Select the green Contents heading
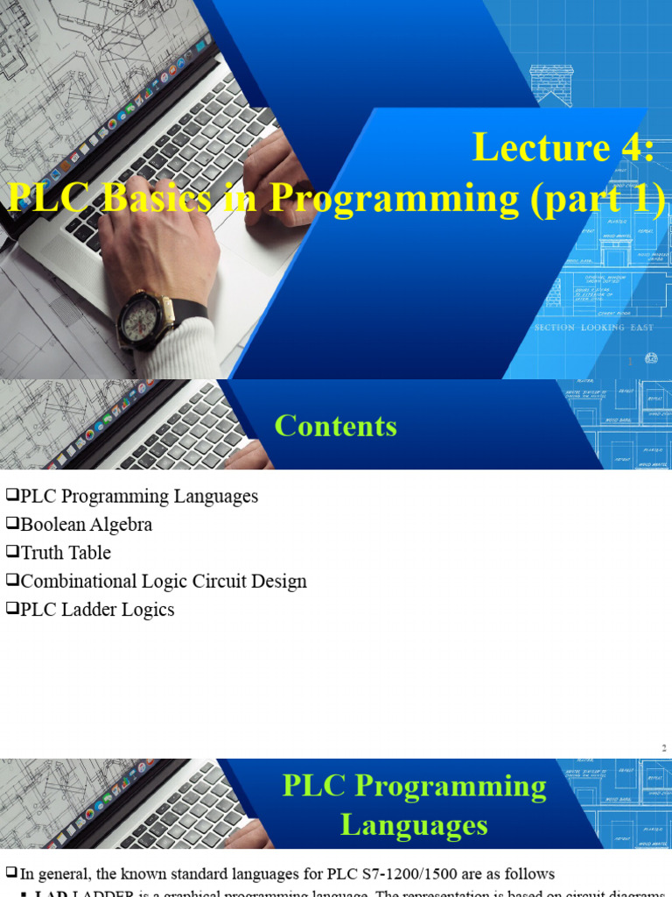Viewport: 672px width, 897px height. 336,426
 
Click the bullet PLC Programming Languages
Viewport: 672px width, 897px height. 139,497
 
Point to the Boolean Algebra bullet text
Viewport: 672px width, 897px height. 86,525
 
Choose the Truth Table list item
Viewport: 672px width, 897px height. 66,553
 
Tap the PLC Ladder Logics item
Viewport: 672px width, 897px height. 97,610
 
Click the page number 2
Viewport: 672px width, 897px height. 664,747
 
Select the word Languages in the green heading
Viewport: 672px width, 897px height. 414,825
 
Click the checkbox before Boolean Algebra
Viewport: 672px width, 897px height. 11,525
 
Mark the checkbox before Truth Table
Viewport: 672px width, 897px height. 11,553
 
